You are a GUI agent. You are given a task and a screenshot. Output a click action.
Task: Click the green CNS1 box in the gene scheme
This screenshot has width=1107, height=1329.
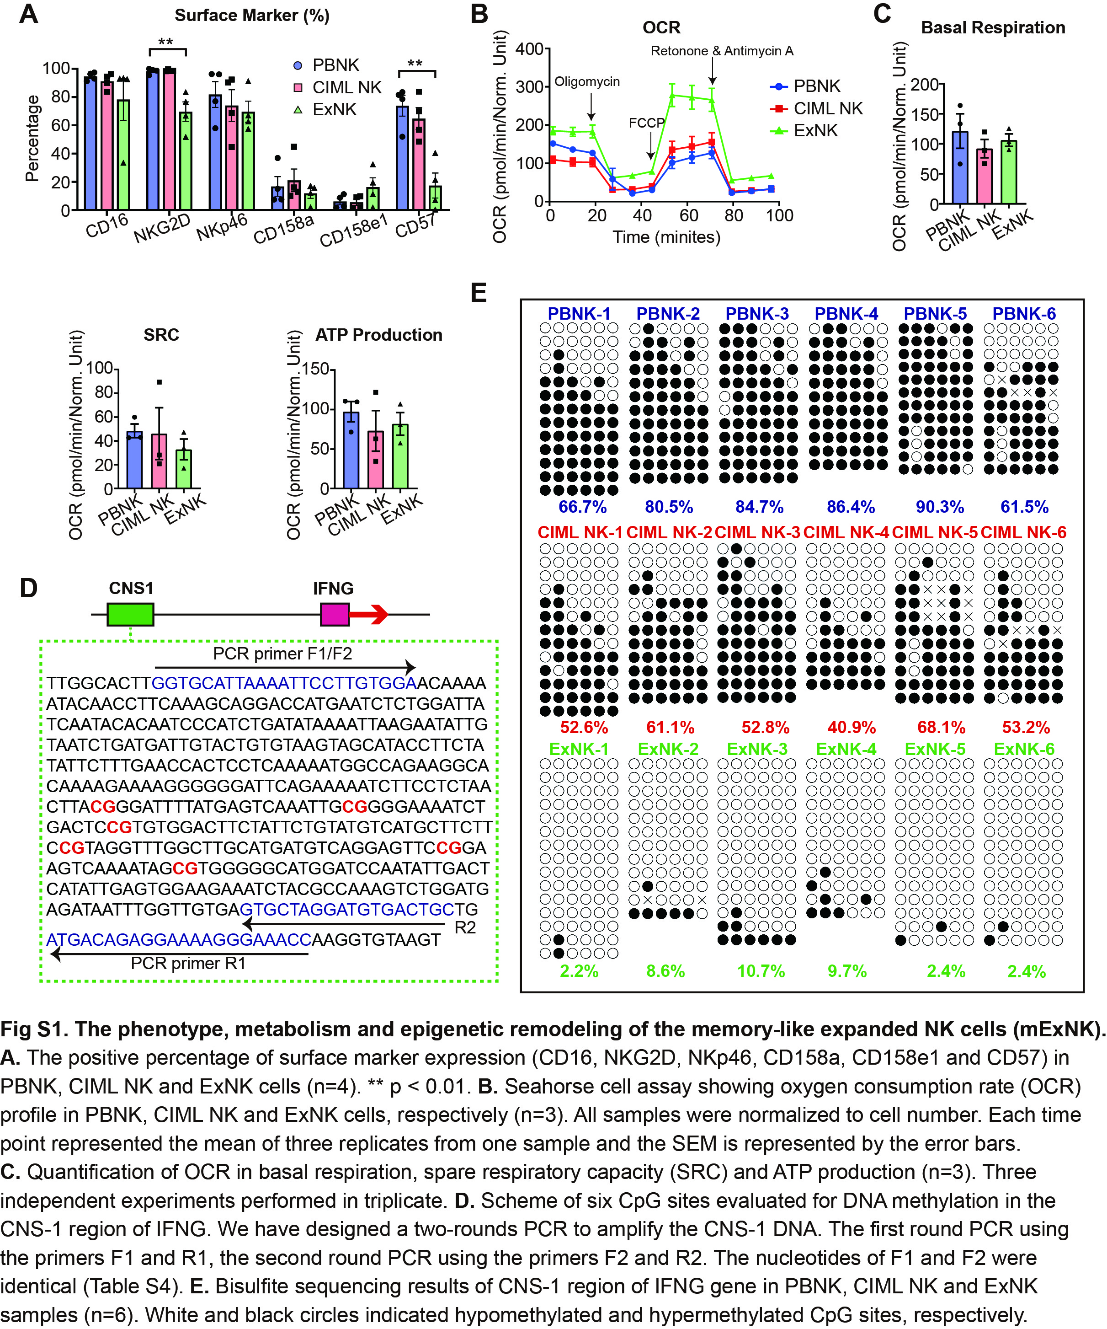(130, 614)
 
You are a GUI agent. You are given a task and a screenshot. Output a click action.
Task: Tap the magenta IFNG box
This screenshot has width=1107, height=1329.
(334, 614)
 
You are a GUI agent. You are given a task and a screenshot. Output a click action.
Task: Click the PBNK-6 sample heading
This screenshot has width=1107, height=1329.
(1023, 314)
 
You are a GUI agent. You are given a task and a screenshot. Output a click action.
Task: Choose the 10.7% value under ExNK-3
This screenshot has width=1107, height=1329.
(761, 971)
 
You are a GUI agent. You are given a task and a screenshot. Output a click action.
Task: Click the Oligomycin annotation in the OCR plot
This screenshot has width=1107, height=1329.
(587, 82)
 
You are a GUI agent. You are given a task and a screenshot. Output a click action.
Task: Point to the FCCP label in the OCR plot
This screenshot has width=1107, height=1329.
(646, 123)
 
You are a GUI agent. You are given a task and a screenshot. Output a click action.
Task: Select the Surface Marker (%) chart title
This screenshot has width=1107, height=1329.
(252, 15)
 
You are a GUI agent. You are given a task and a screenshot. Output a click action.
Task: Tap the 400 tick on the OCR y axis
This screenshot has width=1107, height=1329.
(529, 49)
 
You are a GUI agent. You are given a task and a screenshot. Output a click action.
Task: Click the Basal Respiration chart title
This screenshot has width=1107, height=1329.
(992, 28)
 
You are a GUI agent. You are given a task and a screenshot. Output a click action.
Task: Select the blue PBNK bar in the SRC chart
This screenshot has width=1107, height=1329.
(134, 460)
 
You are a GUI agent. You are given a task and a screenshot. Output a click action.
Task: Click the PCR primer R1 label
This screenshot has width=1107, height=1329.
(188, 963)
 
